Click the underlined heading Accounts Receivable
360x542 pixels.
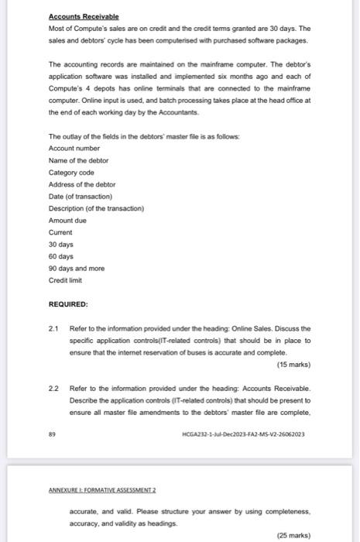[x=81, y=16]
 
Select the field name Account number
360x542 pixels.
[x=74, y=148]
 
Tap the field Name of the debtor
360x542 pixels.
[x=78, y=160]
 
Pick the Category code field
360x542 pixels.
[x=70, y=173]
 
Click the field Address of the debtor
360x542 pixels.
[x=82, y=184]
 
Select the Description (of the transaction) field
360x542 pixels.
[x=96, y=208]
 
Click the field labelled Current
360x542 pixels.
[x=60, y=232]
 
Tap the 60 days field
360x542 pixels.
[x=60, y=256]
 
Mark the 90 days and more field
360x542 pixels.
[x=76, y=269]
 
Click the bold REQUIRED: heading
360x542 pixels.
[x=68, y=304]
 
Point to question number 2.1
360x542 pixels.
[x=53, y=328]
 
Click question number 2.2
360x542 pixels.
[x=53, y=389]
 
